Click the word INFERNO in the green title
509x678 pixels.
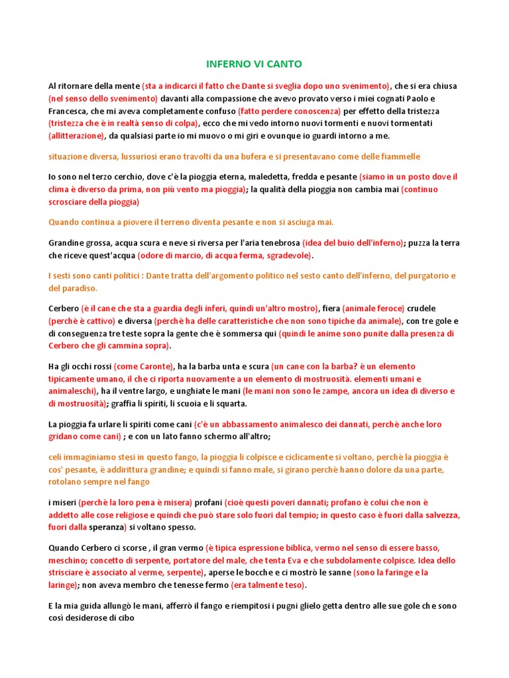227,64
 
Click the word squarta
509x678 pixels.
232,404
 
